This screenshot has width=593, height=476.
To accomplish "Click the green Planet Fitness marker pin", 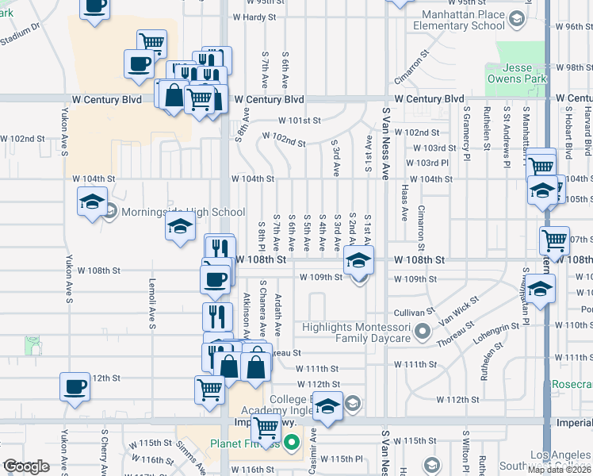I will pos(291,443).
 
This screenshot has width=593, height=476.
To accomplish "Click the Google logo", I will pos(27,466).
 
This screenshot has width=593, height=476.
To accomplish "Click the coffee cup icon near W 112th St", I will pos(75,387).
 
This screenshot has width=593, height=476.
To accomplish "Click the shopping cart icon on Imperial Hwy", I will pos(266,427).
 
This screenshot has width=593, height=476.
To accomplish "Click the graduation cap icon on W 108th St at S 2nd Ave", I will pos(358,259).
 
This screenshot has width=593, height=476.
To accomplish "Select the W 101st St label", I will pos(298,121).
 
